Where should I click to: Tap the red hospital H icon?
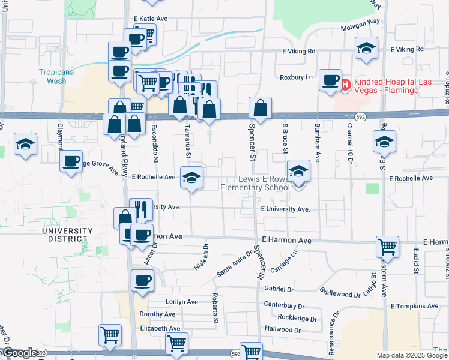click(346, 85)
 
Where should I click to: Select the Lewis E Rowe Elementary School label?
click(255, 183)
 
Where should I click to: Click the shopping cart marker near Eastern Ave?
click(387, 245)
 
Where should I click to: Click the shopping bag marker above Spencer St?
click(260, 108)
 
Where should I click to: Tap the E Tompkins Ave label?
click(414, 306)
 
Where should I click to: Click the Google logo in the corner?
click(19, 353)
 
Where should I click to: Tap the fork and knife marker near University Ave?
click(141, 209)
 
